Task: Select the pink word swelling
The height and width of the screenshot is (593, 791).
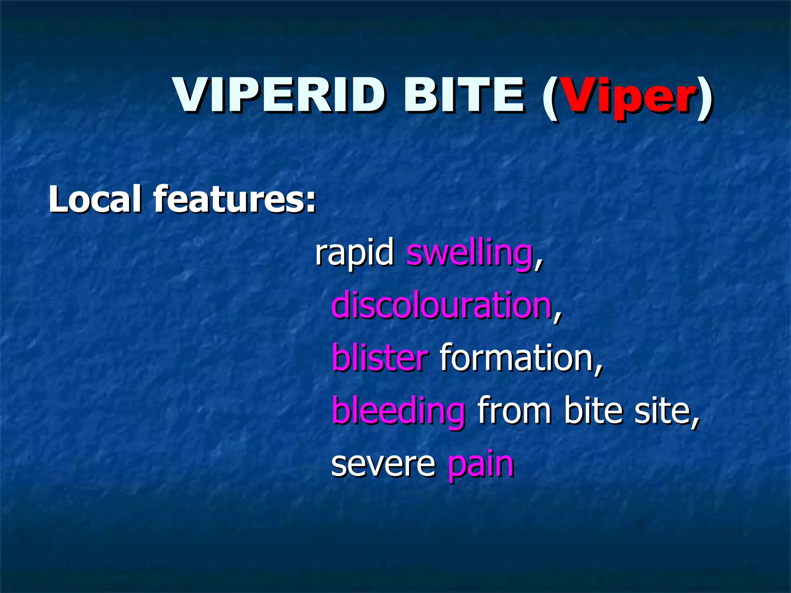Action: [x=469, y=254]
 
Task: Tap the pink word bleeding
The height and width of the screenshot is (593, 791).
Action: [x=398, y=411]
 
